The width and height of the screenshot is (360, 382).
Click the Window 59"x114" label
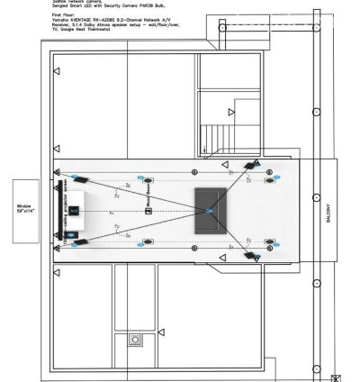[24, 209]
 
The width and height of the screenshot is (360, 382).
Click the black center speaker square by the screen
[76, 212]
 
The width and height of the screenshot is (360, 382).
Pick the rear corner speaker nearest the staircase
[253, 166]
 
